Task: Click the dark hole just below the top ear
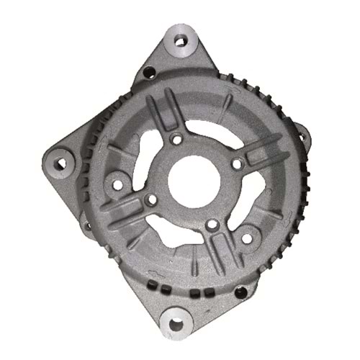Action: coord(150,72)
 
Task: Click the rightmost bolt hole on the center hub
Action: coord(235,165)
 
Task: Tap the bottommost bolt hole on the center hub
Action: coord(210,225)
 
